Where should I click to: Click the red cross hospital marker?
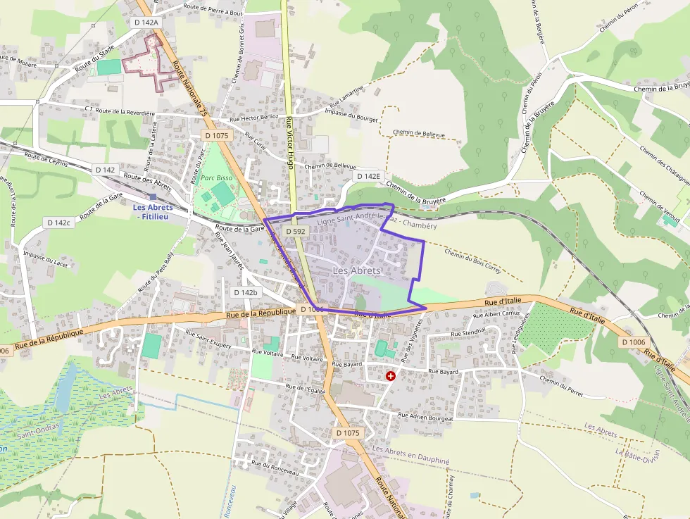coord(390,377)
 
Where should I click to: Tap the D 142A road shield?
coord(146,23)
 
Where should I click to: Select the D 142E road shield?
coord(368,176)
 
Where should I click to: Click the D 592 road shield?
coord(296,231)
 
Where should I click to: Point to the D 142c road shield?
coord(59,223)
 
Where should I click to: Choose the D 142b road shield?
coord(246,292)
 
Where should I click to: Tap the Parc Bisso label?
coord(216,178)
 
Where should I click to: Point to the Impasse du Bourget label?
coord(352,115)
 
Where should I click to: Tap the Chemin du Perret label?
coord(562,381)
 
